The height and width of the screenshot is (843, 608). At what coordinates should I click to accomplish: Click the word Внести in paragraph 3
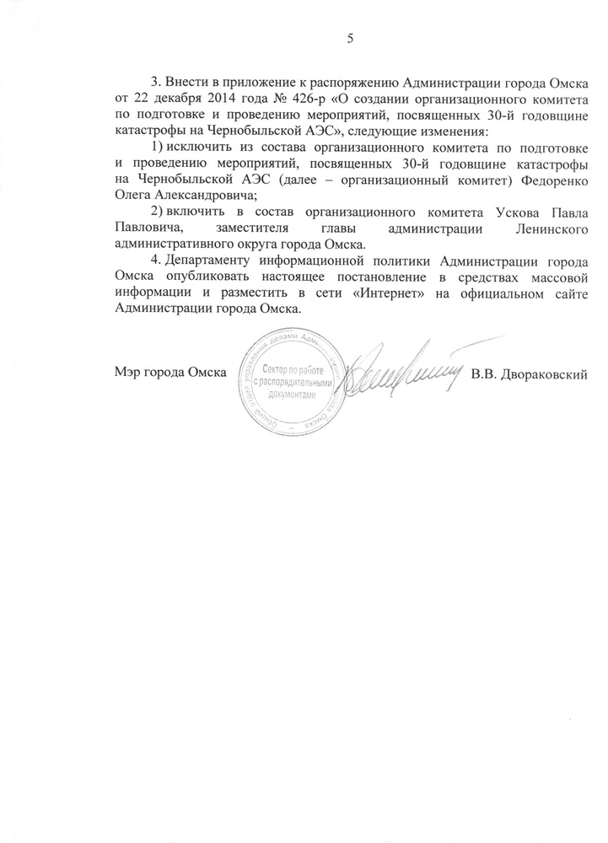191,84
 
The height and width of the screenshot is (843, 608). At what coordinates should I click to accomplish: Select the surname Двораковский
547,373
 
